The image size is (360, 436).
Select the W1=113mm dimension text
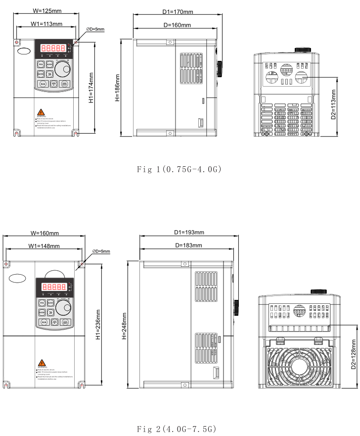coord(46,24)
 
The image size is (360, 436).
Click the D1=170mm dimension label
coord(178,11)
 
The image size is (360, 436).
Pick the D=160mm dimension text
coord(177,24)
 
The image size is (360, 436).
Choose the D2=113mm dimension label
coord(334,104)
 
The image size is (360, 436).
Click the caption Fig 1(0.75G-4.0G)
coord(179,170)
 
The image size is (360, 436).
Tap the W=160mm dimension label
coord(45,233)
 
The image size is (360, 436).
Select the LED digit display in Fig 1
coord(53,48)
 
